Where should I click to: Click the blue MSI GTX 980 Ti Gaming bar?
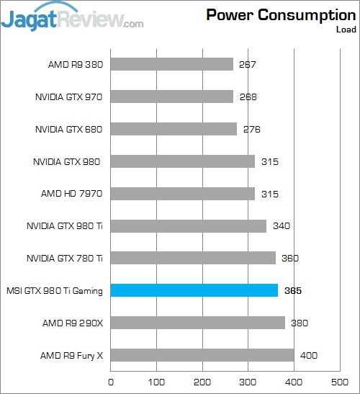(x=194, y=290)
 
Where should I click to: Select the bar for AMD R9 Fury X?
(x=202, y=355)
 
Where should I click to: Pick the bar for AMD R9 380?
(x=172, y=65)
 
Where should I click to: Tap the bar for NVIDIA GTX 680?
(x=174, y=129)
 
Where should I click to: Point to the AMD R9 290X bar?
(x=198, y=323)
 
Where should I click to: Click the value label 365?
(x=293, y=291)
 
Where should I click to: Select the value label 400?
(x=308, y=356)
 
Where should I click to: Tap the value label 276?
(x=251, y=130)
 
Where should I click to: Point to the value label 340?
(x=282, y=226)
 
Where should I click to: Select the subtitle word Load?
(x=345, y=30)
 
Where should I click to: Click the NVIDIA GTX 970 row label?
(x=69, y=97)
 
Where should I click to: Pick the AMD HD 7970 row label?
(x=73, y=194)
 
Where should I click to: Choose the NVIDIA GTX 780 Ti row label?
(x=64, y=259)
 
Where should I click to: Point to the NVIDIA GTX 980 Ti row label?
(x=64, y=226)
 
